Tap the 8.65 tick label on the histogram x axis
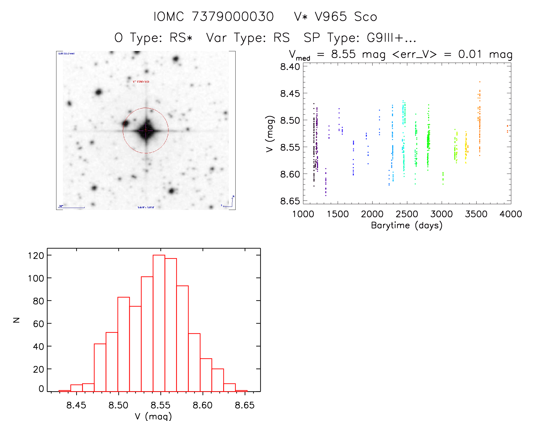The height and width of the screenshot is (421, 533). [x=245, y=405]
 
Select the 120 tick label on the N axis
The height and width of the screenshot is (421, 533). [x=36, y=256]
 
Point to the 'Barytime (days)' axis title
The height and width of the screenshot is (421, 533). [x=407, y=225]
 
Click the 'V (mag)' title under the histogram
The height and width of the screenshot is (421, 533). [x=153, y=416]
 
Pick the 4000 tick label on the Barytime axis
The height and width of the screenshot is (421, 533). [x=511, y=214]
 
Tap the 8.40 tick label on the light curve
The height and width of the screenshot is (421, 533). [x=290, y=67]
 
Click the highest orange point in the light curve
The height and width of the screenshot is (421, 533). [x=480, y=82]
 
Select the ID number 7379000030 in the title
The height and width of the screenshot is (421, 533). [x=233, y=17]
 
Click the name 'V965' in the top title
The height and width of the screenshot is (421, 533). [x=331, y=17]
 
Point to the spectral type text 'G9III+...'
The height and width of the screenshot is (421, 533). [x=392, y=38]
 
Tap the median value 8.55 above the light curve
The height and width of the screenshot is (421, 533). [x=343, y=54]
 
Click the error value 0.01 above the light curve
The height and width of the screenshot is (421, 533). [x=470, y=54]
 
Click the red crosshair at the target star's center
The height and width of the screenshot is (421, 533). [x=146, y=130]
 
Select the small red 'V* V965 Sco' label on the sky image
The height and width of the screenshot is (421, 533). [x=141, y=81]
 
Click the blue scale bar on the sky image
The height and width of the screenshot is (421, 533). [x=72, y=208]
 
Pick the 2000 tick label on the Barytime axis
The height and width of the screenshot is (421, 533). [x=372, y=214]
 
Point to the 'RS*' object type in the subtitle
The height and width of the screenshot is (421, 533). [x=181, y=38]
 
